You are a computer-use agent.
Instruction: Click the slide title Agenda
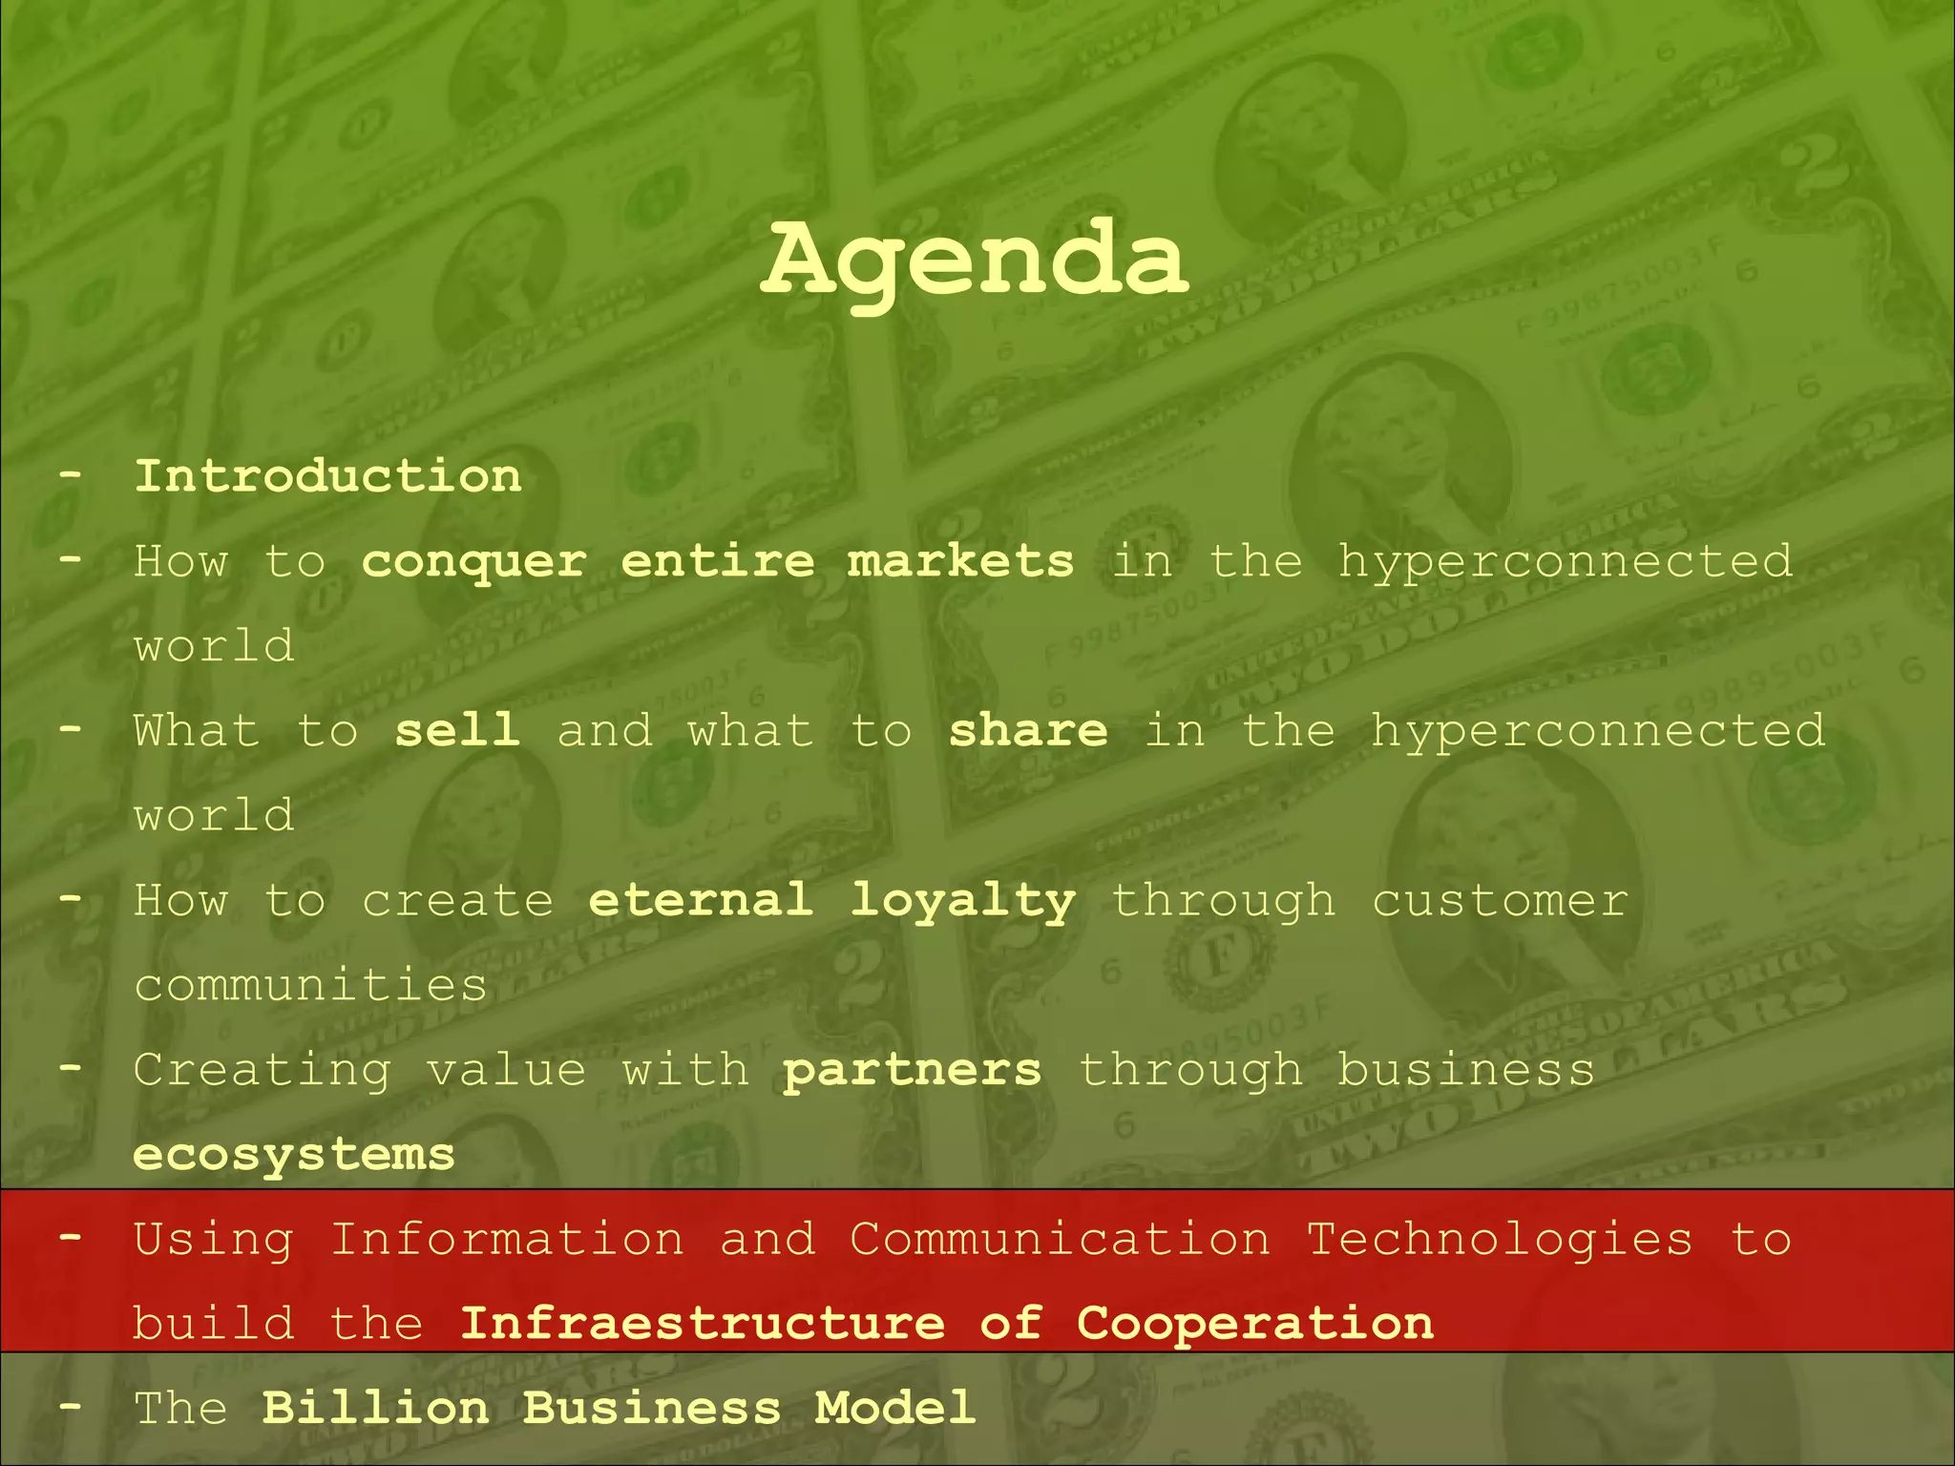click(975, 260)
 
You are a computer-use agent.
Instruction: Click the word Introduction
click(328, 476)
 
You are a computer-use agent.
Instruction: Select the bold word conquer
click(474, 562)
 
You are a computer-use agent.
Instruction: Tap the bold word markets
click(960, 560)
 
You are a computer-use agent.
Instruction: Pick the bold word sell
click(457, 730)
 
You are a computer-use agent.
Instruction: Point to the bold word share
click(1028, 730)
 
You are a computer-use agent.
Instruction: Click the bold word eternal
click(701, 900)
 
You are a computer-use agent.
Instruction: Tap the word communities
click(311, 985)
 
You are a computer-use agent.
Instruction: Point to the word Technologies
click(1500, 1241)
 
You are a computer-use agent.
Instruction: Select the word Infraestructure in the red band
click(703, 1324)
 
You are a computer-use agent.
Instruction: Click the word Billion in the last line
click(375, 1409)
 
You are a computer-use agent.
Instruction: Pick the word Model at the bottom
click(894, 1409)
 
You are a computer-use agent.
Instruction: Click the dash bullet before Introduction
click(70, 474)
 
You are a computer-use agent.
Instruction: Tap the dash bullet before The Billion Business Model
click(70, 1407)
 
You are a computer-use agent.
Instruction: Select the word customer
click(1500, 901)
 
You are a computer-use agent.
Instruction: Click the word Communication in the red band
click(1060, 1240)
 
